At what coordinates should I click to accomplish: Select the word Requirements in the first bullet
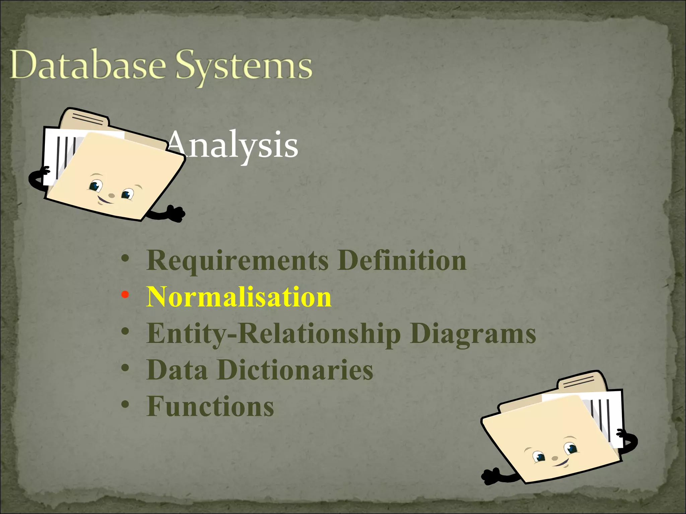(x=237, y=261)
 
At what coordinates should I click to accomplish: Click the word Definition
(x=402, y=261)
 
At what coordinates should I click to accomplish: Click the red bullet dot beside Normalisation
(x=125, y=295)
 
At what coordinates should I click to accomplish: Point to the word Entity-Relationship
(x=273, y=334)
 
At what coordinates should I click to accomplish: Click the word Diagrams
(x=473, y=334)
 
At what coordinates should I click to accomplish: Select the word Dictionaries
(x=295, y=370)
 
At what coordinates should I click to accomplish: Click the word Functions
(x=210, y=407)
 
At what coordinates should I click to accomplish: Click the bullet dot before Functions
(x=125, y=405)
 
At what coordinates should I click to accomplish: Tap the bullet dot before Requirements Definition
(x=125, y=259)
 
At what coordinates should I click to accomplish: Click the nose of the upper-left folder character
(x=112, y=195)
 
